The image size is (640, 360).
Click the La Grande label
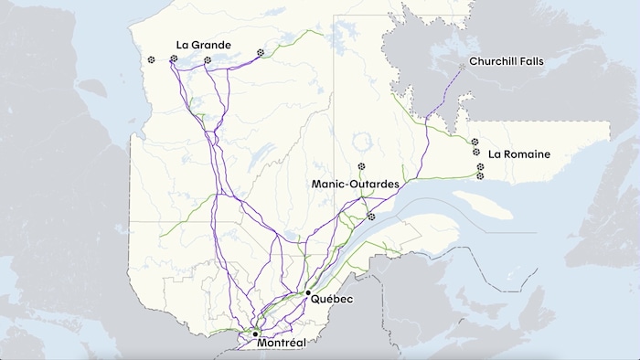[x=203, y=45]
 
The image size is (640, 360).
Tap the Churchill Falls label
[x=506, y=62]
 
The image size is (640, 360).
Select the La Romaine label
[x=519, y=154]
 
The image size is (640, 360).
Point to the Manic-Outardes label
[x=356, y=185]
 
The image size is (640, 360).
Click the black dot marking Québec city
[x=308, y=292]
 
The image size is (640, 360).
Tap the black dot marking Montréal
[x=255, y=334]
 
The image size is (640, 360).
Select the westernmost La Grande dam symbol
[x=152, y=60]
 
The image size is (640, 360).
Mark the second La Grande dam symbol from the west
[x=174, y=59]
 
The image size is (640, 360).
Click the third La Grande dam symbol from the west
[x=208, y=60]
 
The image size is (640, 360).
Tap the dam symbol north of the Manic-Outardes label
[x=362, y=166]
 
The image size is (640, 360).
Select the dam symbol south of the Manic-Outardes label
[x=371, y=217]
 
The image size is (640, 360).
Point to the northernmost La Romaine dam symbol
[x=475, y=142]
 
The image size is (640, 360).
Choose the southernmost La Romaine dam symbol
[x=480, y=175]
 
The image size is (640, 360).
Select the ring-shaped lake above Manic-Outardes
[x=369, y=143]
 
